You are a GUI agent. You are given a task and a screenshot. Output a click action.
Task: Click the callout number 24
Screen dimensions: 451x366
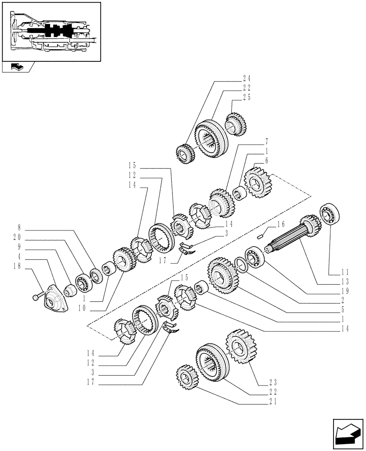247,77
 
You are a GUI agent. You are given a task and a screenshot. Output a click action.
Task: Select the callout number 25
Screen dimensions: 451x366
247,97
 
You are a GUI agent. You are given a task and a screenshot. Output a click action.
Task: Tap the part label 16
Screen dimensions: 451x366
281,223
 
